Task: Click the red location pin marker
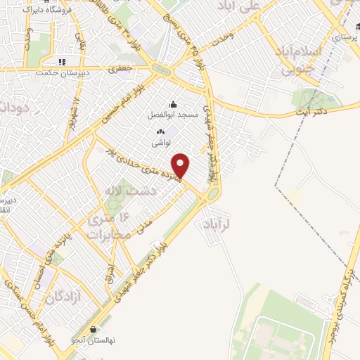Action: pyautogui.click(x=181, y=165)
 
